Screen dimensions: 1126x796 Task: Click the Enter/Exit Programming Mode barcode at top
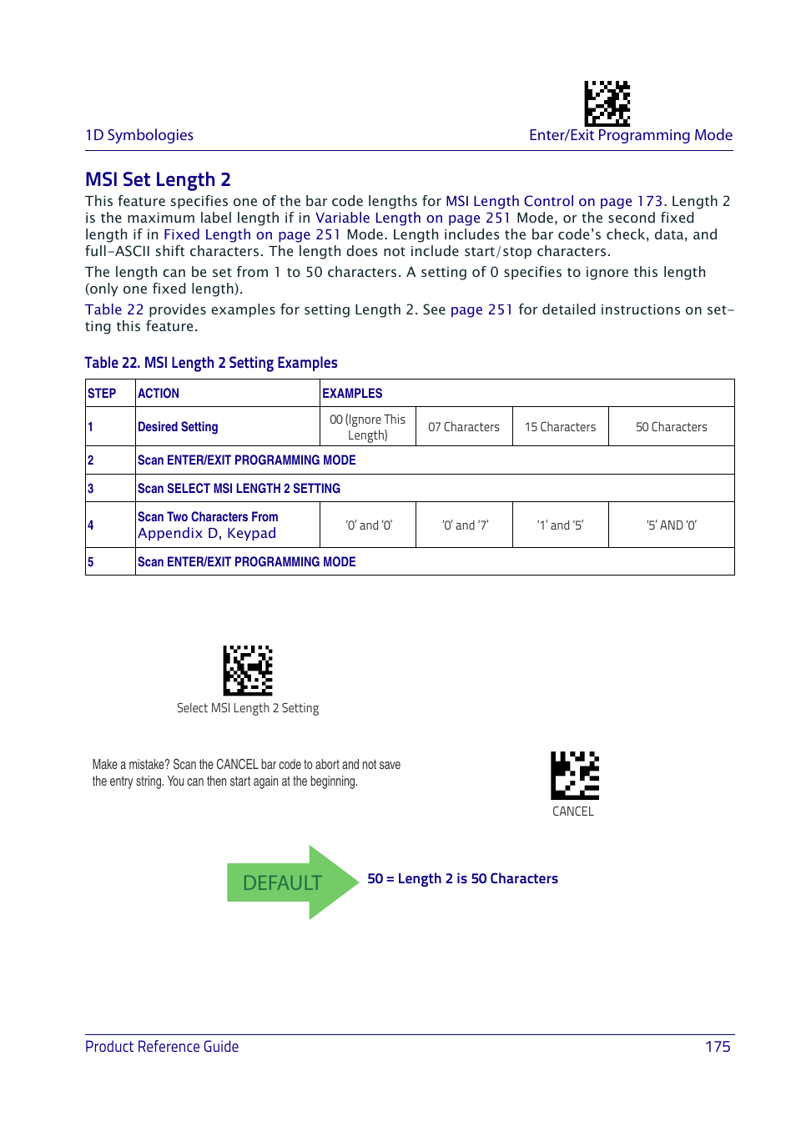(607, 103)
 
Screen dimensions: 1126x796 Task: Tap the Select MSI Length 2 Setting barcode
(248, 671)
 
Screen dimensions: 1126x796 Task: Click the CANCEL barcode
(574, 776)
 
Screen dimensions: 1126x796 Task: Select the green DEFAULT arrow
(291, 882)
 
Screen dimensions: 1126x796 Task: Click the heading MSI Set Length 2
(158, 179)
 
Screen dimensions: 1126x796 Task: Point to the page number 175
(717, 1047)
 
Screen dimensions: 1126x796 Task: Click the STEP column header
(102, 394)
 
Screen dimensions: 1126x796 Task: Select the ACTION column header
(159, 394)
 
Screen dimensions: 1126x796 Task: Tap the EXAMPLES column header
(352, 394)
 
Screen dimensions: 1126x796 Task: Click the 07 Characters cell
(464, 427)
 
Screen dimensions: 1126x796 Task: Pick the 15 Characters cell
(560, 427)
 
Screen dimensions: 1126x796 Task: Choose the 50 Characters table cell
(671, 427)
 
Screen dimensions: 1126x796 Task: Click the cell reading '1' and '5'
(560, 525)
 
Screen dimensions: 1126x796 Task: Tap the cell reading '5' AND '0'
(671, 525)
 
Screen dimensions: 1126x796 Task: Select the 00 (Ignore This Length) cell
(368, 427)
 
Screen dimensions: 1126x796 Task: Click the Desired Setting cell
(178, 427)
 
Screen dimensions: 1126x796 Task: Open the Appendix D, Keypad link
(207, 534)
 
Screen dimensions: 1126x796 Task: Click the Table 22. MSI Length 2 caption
(211, 363)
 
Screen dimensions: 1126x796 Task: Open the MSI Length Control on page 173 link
(554, 201)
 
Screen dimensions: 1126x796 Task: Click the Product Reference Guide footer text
(162, 1047)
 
